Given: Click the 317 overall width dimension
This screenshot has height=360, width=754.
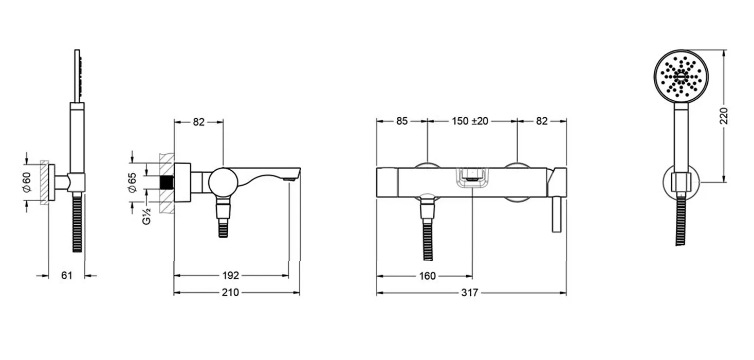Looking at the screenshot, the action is [470, 293].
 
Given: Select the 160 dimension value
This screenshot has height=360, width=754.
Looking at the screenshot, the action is [428, 276].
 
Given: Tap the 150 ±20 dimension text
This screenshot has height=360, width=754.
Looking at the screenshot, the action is [470, 121].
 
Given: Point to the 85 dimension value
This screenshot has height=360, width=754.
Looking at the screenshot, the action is [402, 121].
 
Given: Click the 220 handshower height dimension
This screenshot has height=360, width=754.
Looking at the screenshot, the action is [724, 116].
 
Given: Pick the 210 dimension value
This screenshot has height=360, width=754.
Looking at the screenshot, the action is [230, 292].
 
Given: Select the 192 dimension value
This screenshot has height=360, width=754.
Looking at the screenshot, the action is [231, 276].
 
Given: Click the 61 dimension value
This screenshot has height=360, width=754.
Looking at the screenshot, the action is [67, 276].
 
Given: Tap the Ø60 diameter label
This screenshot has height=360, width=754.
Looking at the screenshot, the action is [26, 182].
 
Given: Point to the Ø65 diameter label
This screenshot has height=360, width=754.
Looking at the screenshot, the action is [132, 182].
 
